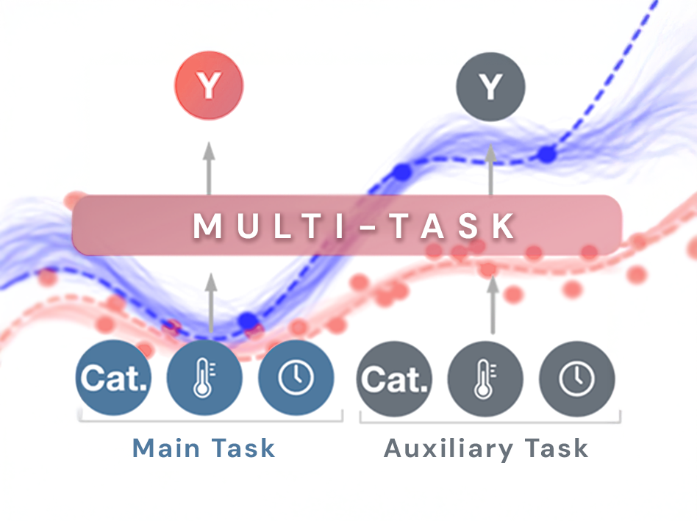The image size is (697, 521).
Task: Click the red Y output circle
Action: [x=209, y=87]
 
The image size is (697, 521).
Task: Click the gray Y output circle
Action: [x=490, y=87]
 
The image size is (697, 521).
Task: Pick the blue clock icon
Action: [x=296, y=378]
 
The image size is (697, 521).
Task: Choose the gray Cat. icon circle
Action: [x=394, y=378]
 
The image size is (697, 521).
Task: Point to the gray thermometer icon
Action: [x=485, y=378]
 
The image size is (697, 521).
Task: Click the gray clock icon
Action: [x=576, y=378]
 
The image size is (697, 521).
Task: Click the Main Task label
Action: [x=204, y=448]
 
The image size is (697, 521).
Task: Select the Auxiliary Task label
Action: [x=486, y=448]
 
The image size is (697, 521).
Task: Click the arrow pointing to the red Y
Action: [x=209, y=168]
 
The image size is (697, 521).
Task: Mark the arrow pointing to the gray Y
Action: [x=490, y=168]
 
